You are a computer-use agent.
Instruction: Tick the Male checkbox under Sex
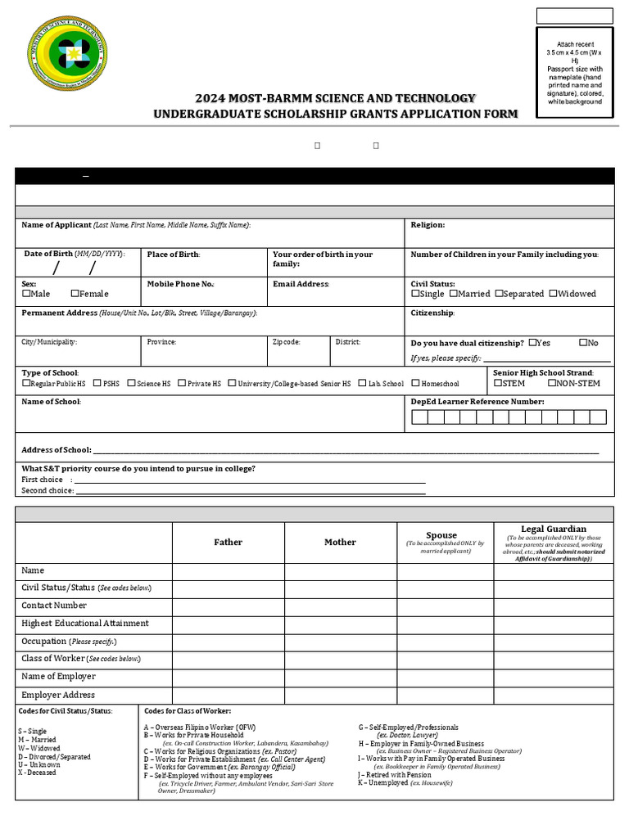26,294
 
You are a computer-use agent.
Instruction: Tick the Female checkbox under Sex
75,294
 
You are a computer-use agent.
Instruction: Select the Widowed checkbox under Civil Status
554,294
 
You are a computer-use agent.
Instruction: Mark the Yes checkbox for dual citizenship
533,343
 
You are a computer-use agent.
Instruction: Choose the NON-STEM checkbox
552,383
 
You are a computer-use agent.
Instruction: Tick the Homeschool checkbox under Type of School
416,383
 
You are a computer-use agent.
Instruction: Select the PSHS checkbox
97,383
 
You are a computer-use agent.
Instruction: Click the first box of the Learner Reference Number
419,417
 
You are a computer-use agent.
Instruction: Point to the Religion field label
428,225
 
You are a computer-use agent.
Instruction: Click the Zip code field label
287,342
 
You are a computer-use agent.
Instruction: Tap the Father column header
228,542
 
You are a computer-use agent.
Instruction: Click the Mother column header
340,542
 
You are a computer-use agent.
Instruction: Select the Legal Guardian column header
554,529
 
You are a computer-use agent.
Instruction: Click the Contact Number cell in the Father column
228,606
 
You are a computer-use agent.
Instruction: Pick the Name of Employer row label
58,677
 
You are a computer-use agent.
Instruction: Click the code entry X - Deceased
37,773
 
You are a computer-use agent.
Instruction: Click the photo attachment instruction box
574,73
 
